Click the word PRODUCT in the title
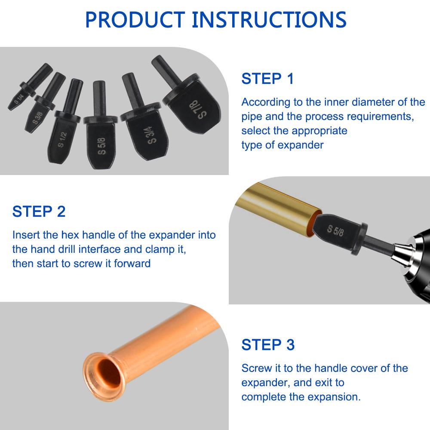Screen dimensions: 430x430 point(135,20)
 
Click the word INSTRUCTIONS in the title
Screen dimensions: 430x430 point(269,20)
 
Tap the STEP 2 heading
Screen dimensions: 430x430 point(39,212)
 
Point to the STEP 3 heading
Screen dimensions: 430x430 point(268,344)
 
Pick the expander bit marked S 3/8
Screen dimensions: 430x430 point(45,102)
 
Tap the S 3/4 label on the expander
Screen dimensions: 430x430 point(153,135)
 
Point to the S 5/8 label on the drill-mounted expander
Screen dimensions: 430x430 point(335,230)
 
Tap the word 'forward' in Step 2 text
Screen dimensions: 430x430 point(132,264)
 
